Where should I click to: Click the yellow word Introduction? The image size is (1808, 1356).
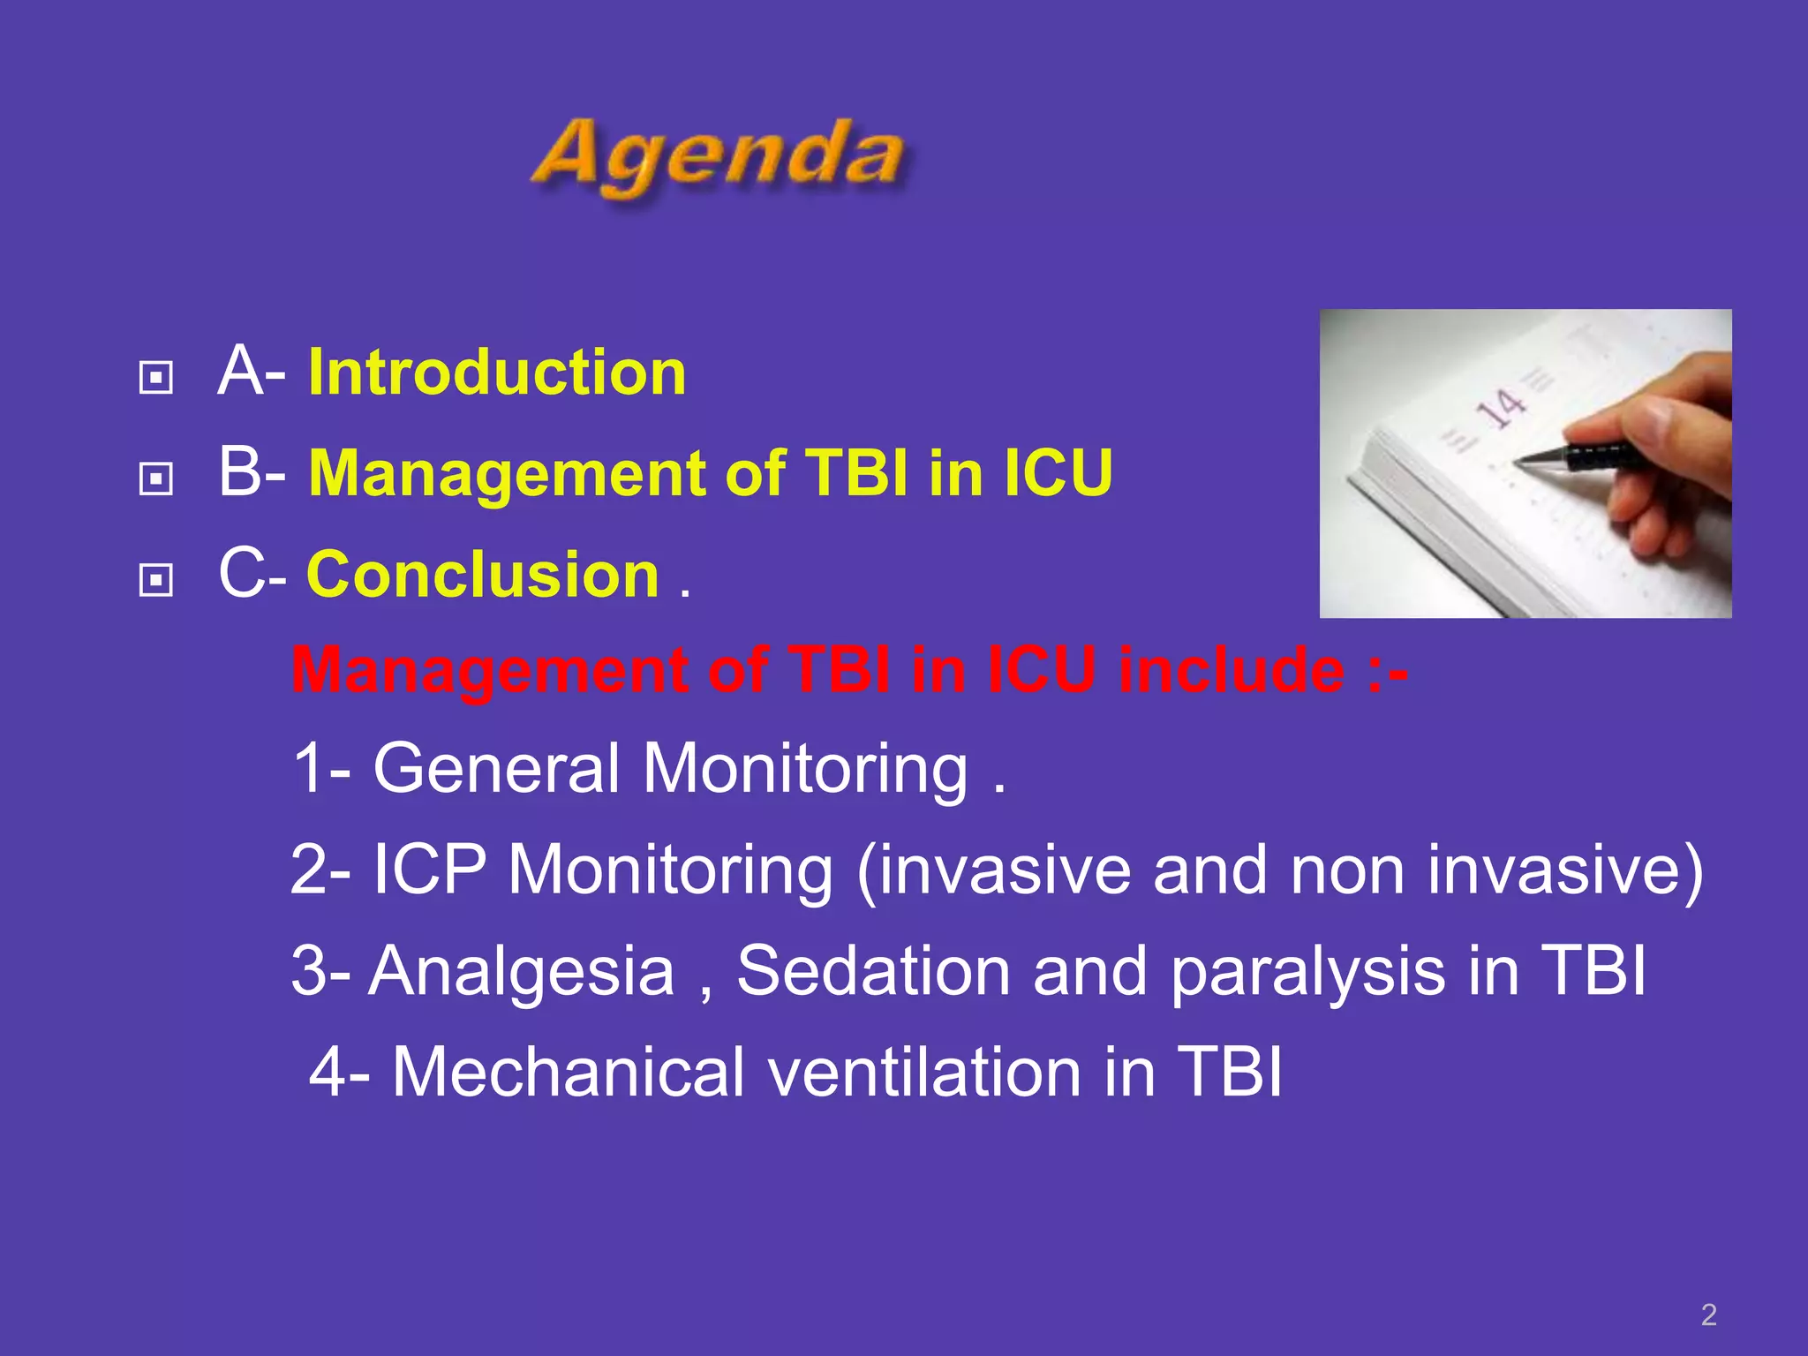coord(497,373)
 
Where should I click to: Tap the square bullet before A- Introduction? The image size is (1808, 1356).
coord(156,379)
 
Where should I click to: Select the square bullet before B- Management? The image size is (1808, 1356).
coord(156,479)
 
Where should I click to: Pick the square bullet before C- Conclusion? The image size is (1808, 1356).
coord(156,580)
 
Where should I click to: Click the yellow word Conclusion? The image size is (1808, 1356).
coord(483,575)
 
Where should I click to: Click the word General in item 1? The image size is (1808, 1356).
coord(496,768)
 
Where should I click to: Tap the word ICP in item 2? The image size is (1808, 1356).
coord(429,870)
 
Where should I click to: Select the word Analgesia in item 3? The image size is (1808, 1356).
coord(522,971)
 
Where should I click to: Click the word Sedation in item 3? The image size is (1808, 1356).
coord(874,971)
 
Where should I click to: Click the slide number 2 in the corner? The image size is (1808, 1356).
coord(1708,1315)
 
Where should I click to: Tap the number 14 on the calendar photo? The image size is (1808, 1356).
coord(1502,408)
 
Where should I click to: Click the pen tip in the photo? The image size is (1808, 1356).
coord(1518,462)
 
